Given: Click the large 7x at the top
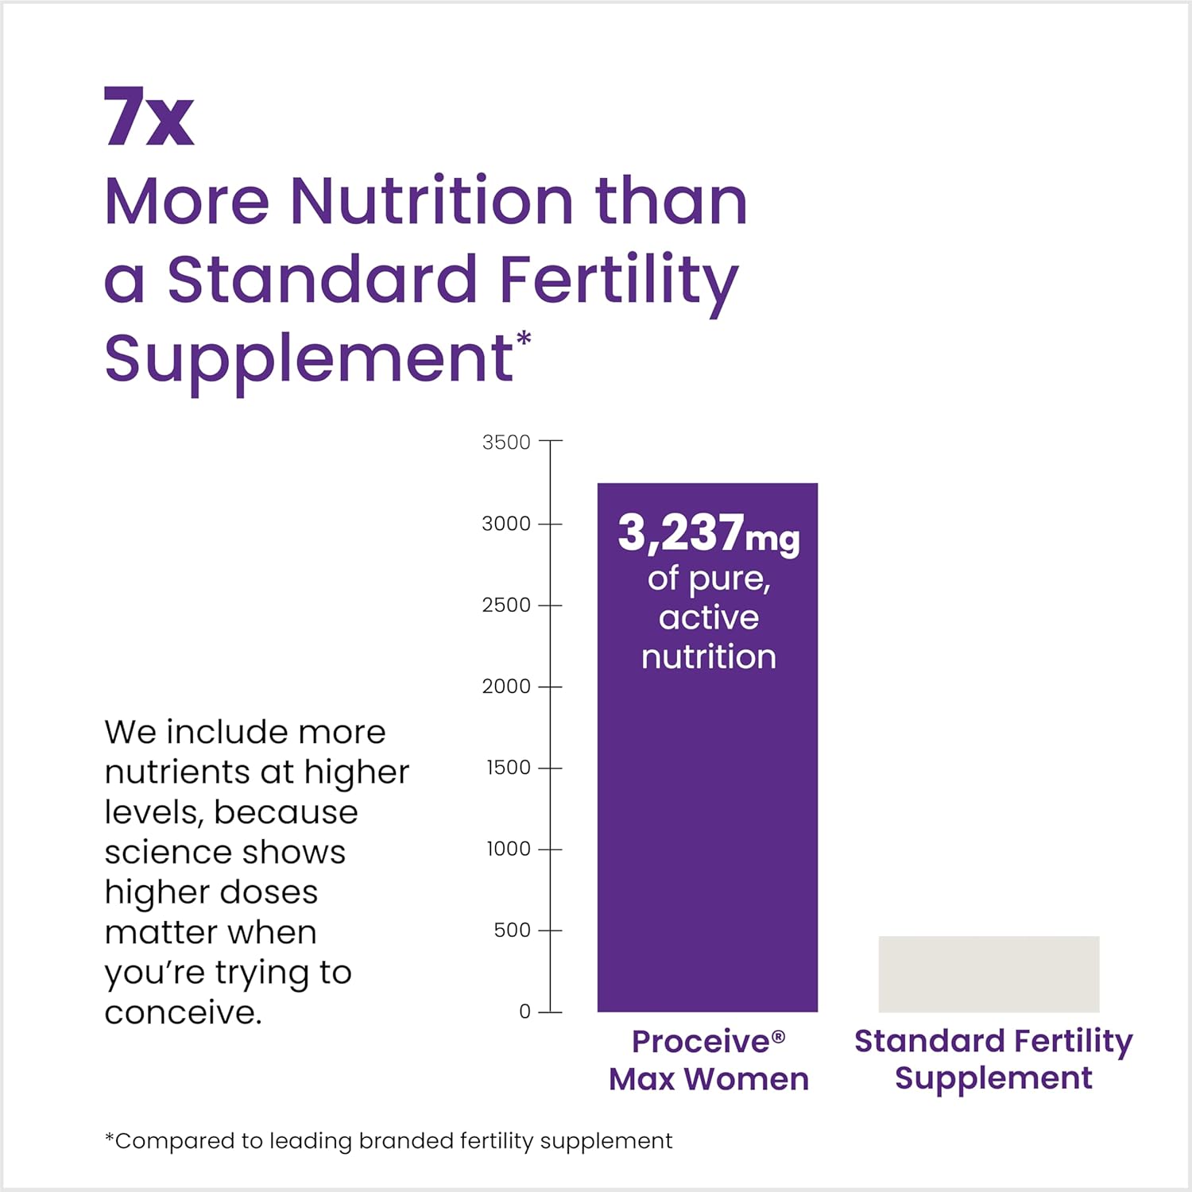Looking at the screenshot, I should click(149, 117).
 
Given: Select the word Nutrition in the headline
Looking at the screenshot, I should click(431, 200).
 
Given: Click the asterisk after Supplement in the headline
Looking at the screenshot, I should click(524, 340).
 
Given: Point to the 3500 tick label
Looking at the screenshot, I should click(506, 442).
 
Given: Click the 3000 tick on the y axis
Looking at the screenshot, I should click(506, 524).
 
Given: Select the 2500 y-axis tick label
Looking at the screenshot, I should click(506, 605).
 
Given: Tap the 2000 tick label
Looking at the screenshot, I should click(506, 686).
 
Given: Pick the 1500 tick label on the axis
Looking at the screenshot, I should click(508, 768).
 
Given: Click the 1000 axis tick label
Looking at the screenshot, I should click(508, 849).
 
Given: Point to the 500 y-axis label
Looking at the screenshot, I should click(512, 930).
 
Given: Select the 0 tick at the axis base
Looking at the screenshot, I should click(524, 1012).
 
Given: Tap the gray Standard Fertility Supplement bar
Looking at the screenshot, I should click(989, 973).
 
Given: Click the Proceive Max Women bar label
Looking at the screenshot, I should click(708, 1060).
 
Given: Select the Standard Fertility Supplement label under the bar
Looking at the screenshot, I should click(993, 1059).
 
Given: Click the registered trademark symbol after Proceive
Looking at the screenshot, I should click(778, 1035).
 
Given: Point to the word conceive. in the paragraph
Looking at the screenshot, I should click(183, 1012).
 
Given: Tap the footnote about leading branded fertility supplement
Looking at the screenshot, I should click(389, 1141).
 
